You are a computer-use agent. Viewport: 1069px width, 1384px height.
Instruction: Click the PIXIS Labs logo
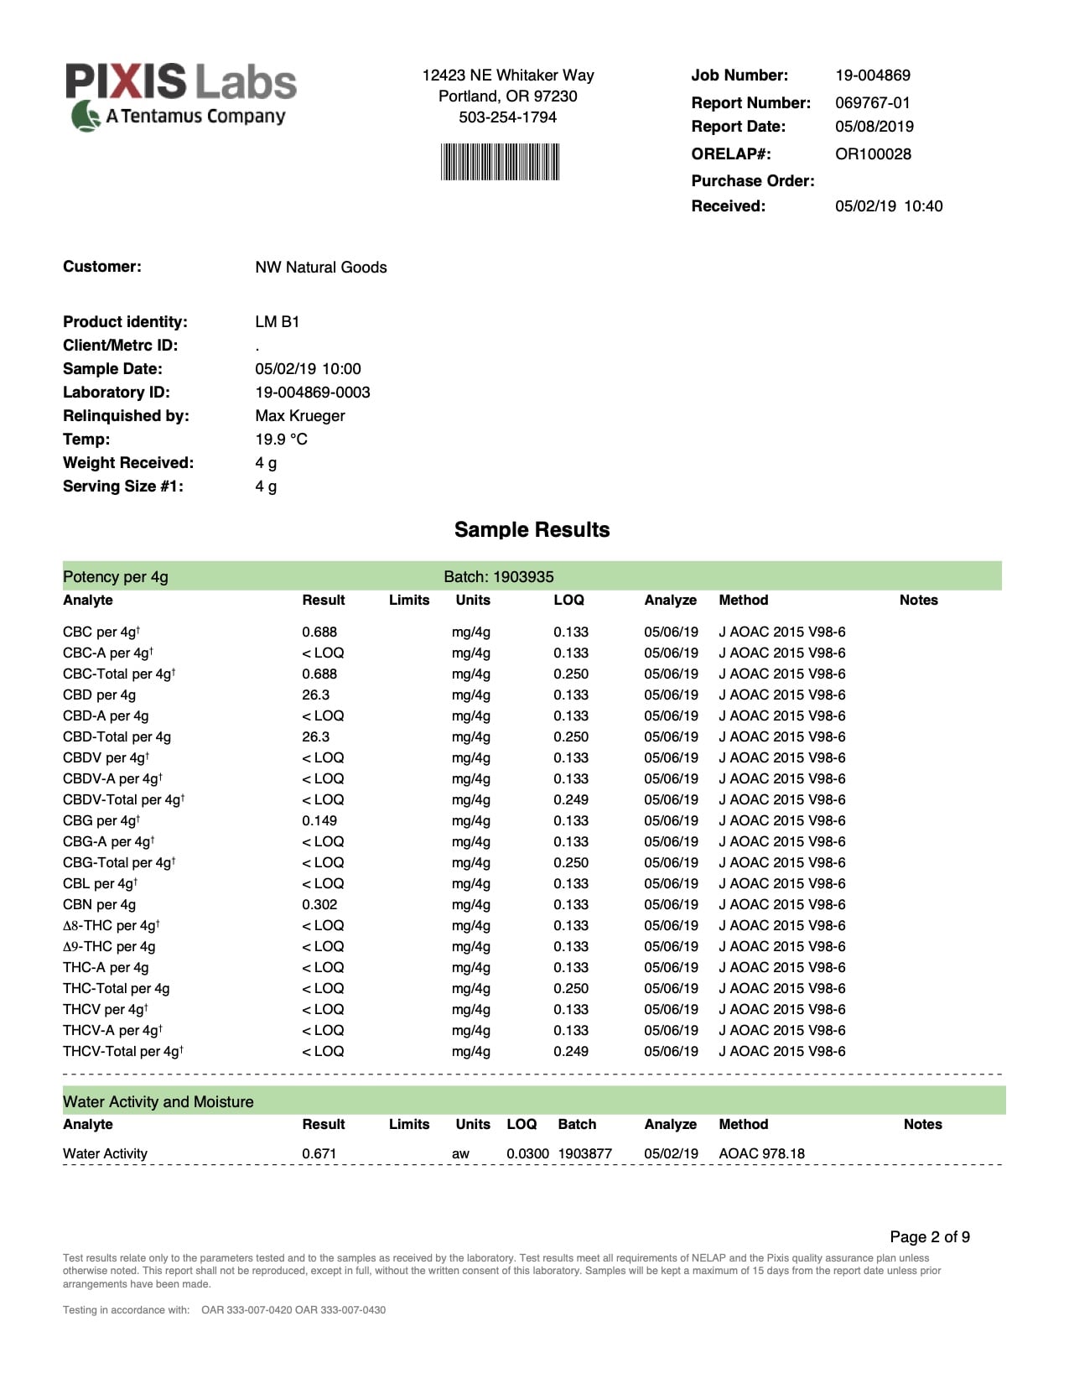point(181,96)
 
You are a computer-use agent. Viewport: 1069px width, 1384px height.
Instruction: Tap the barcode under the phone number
point(500,162)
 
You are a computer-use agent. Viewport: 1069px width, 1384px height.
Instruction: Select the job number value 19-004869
point(872,75)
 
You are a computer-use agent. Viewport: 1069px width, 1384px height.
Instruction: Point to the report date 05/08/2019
point(874,127)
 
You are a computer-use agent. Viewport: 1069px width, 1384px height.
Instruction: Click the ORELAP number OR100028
point(872,154)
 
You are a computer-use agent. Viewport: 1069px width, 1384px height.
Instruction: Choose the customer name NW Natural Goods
point(320,268)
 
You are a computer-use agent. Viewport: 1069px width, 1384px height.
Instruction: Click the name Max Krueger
point(299,416)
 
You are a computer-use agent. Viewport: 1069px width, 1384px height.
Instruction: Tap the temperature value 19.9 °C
point(281,440)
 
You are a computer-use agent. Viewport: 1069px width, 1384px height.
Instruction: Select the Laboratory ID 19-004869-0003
point(312,393)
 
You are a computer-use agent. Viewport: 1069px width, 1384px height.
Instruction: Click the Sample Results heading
point(532,530)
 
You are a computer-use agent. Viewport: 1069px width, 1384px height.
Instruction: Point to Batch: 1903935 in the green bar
point(498,577)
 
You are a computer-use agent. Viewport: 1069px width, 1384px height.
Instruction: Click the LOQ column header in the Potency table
point(568,601)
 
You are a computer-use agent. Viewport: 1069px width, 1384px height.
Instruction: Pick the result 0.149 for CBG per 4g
point(319,821)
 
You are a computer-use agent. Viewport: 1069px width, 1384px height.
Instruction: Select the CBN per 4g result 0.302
point(319,905)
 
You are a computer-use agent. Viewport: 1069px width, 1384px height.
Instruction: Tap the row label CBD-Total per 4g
point(117,737)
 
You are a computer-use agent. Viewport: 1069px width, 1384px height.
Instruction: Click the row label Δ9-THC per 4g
point(109,947)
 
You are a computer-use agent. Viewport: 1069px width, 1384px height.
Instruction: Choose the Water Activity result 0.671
point(319,1154)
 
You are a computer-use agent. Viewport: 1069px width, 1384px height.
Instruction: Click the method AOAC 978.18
point(761,1154)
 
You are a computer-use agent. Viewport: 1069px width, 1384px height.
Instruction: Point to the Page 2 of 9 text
point(929,1237)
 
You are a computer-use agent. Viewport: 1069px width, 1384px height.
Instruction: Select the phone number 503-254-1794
point(507,117)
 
